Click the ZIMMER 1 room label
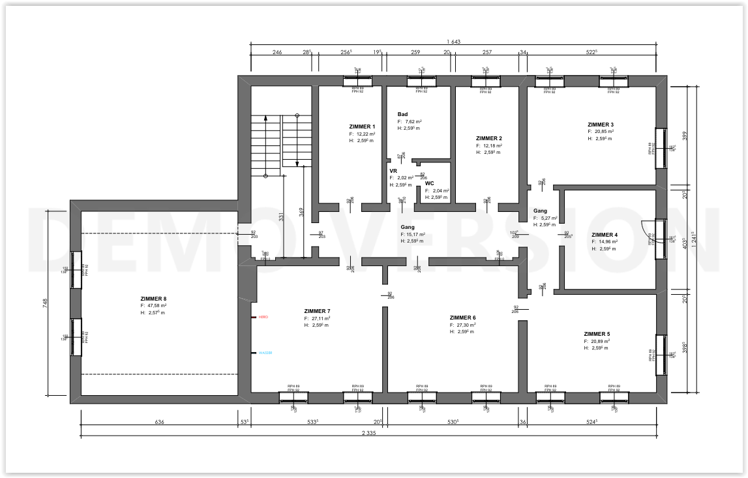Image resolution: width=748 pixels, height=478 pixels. point(362,127)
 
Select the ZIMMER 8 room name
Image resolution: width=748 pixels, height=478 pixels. point(153,298)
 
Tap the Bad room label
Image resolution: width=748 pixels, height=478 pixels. point(402,114)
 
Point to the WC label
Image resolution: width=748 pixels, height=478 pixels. point(430,183)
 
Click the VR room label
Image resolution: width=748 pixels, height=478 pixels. point(393,170)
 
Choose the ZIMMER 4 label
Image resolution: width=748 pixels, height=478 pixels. point(604,235)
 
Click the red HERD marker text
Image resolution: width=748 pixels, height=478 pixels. point(263,317)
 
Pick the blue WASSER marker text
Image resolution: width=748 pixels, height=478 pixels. point(265,353)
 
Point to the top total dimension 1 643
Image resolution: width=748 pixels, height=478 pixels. point(453,42)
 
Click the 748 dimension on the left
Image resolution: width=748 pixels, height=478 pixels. point(45,303)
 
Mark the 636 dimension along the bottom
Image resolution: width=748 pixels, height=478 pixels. point(159,422)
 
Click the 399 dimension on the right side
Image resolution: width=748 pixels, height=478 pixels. point(683,135)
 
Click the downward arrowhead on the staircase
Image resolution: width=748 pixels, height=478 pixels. point(297,164)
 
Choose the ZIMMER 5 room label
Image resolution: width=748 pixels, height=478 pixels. point(597,334)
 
